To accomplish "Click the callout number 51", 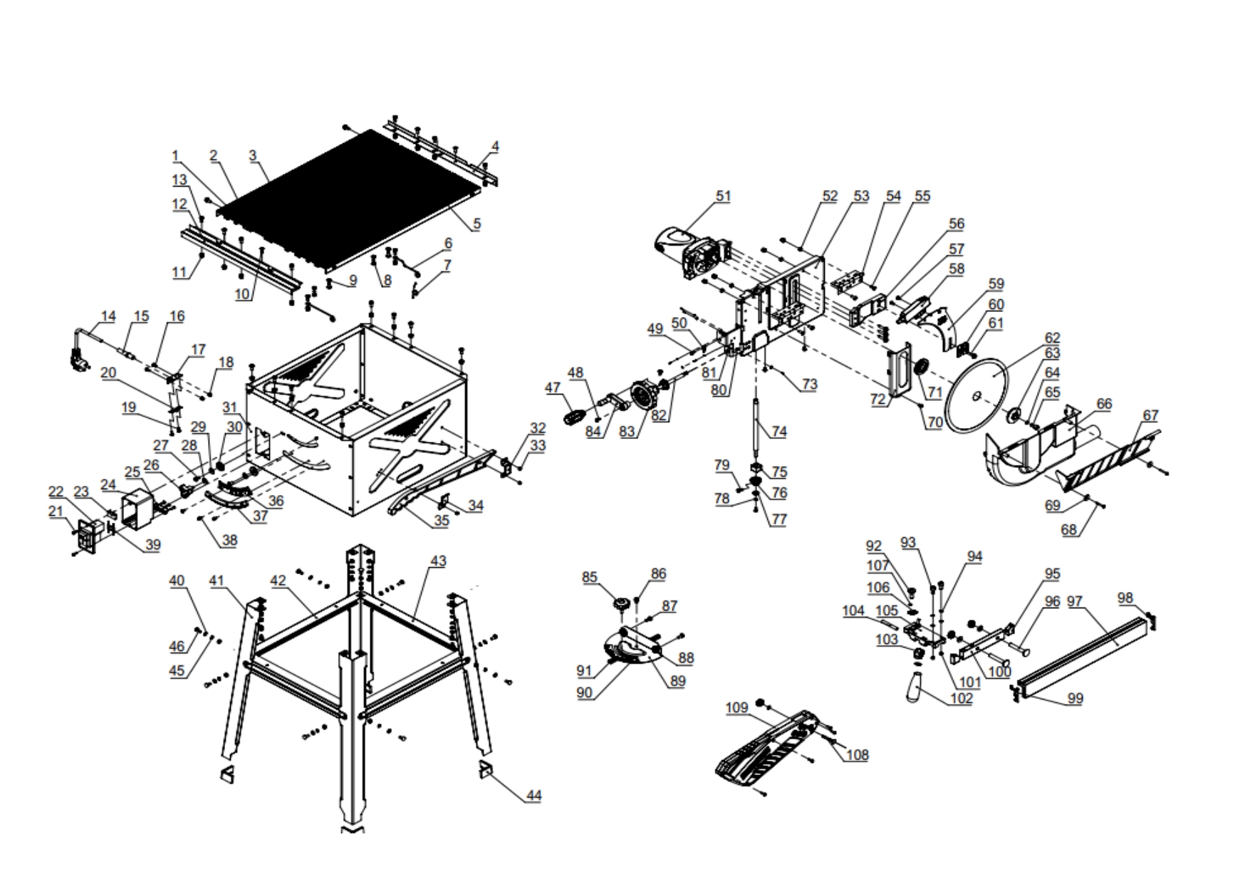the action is pos(723,196).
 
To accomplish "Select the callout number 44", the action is pos(533,796).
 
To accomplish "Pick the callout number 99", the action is pos(1075,699).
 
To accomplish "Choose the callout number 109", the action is pos(737,707).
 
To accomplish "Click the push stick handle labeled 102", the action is pos(916,688).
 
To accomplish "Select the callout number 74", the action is pos(779,432).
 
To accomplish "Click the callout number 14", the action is pos(108,316).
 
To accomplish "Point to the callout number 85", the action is pos(590,577).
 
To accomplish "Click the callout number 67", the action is pos(1150,415).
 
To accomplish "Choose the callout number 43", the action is pos(437,561).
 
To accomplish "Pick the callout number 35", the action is pos(442,521).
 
